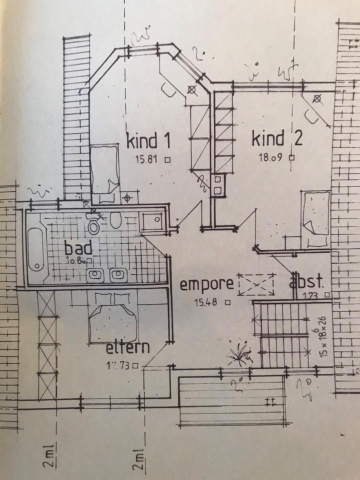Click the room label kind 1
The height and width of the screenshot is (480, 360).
(149, 140)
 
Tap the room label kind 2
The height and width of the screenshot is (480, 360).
(276, 138)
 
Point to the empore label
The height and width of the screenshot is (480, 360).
(206, 284)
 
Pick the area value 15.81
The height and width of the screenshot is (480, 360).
(146, 160)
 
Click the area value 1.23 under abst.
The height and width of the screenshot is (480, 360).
(313, 296)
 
